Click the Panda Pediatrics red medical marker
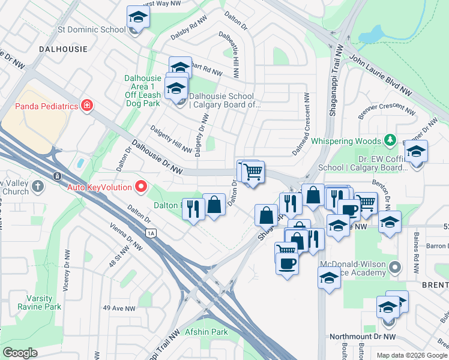88,106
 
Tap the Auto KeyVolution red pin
142,187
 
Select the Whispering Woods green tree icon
391,140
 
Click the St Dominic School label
92,29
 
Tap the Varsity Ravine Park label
44,302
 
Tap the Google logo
20,352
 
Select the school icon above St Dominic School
138,18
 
